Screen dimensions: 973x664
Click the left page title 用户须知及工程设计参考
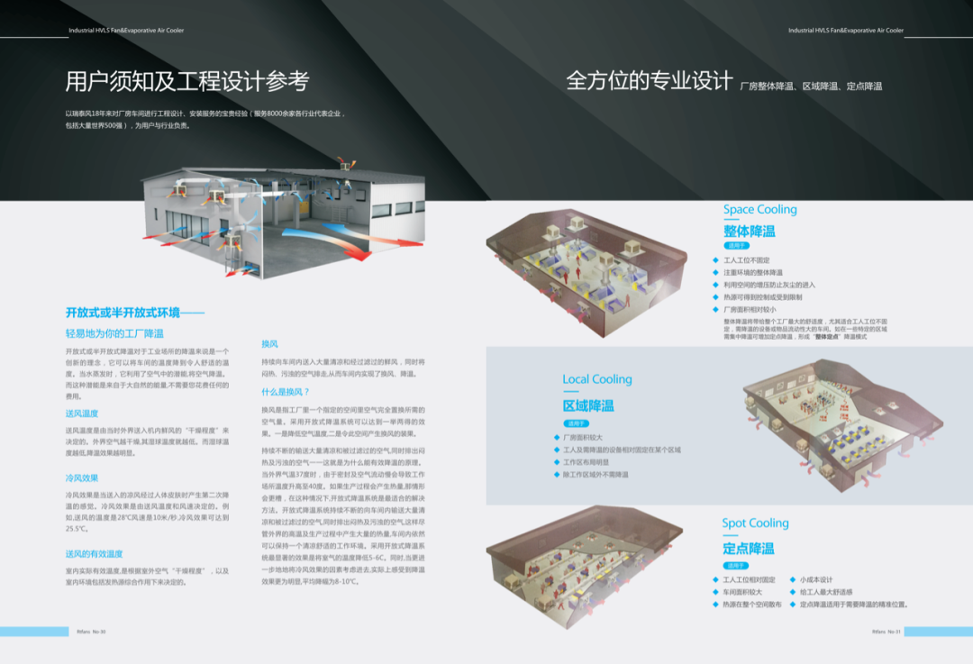(x=187, y=82)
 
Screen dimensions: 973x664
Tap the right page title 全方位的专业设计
(x=649, y=81)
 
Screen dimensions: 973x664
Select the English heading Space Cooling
(x=759, y=210)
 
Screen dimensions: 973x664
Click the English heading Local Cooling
(x=597, y=379)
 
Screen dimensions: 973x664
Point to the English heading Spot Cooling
(x=755, y=523)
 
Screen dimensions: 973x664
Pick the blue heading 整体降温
(x=749, y=231)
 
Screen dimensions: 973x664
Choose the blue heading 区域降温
(x=588, y=405)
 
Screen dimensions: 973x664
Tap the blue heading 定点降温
(x=748, y=548)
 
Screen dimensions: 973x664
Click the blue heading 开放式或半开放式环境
(x=135, y=313)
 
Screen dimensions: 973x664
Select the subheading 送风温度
(x=82, y=414)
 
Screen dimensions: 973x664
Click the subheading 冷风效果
(x=82, y=478)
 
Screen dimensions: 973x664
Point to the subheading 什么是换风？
(x=286, y=392)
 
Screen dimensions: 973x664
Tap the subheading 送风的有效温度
(x=94, y=553)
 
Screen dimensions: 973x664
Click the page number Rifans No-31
(x=888, y=632)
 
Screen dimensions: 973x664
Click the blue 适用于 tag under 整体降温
(x=736, y=245)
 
